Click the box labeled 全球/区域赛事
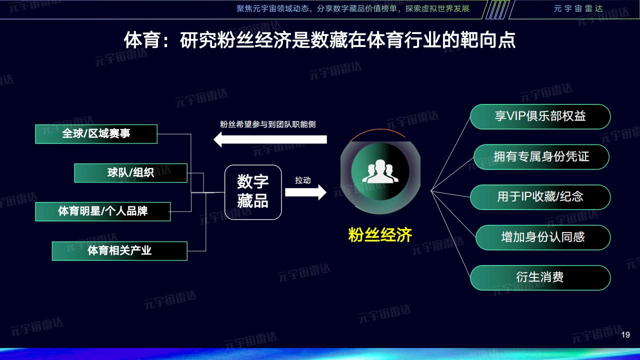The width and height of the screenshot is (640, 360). tap(96, 134)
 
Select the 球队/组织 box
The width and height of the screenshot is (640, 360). tap(131, 173)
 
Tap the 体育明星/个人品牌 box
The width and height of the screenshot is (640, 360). tap(103, 211)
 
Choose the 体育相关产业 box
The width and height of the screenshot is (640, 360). tap(119, 251)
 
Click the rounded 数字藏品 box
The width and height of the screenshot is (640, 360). tap(253, 192)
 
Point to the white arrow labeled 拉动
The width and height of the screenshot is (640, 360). tap(305, 192)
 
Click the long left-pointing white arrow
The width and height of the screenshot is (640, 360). tap(270, 139)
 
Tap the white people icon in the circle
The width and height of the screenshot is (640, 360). tap(380, 171)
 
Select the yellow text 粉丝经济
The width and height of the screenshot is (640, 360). tap(380, 235)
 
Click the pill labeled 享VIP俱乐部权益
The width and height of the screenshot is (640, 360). tap(540, 116)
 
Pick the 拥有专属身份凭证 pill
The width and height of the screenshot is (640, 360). tap(541, 157)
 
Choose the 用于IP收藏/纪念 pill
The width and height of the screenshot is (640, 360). tap(540, 197)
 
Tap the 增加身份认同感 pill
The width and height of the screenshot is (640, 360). tap(543, 237)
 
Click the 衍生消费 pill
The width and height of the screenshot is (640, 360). tap(540, 277)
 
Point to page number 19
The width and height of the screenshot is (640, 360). tap(625, 334)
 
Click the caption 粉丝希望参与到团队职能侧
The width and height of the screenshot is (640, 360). tap(267, 124)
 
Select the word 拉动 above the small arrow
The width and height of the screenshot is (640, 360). tap(303, 180)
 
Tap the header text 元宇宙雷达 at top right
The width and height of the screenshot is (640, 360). tap(578, 8)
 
